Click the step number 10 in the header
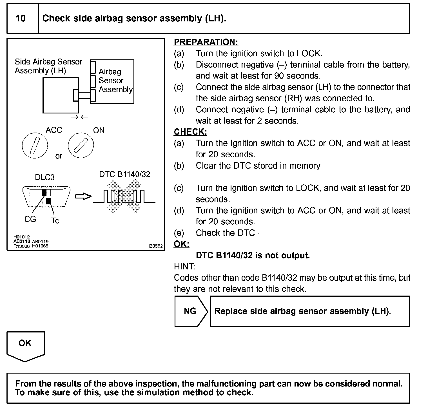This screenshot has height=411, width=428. pyautogui.click(x=21, y=19)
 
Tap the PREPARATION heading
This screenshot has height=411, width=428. pyautogui.click(x=206, y=42)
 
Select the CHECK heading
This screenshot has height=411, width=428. pyautogui.click(x=190, y=132)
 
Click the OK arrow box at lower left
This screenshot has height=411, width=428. pyautogui.click(x=25, y=345)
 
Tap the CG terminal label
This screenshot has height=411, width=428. pyautogui.click(x=30, y=219)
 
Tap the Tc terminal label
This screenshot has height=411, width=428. pyautogui.click(x=55, y=221)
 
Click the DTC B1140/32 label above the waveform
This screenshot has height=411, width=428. pyautogui.click(x=124, y=175)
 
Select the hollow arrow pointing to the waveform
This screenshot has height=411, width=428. pyautogui.click(x=83, y=196)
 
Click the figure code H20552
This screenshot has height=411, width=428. pyautogui.click(x=154, y=246)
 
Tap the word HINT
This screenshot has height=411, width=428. pyautogui.click(x=184, y=266)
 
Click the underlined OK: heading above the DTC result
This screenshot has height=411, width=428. pyautogui.click(x=181, y=244)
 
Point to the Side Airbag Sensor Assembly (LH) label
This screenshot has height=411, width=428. pyautogui.click(x=48, y=66)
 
